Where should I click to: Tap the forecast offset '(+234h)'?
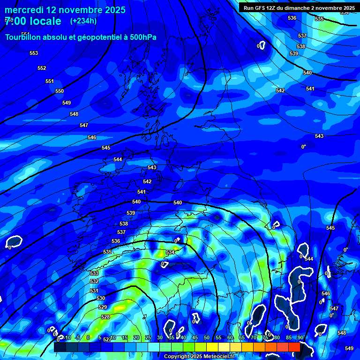[x=83, y=21]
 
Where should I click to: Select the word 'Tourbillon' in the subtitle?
[x=23, y=37]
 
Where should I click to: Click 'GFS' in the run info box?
[x=259, y=8]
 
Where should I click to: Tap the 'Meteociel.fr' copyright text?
[x=215, y=356]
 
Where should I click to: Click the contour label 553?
[x=34, y=53]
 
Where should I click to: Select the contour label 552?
[x=42, y=68]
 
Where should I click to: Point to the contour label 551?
[x=50, y=81]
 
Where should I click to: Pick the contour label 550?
[x=60, y=91]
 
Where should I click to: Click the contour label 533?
[x=94, y=273]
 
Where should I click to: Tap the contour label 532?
[x=94, y=281]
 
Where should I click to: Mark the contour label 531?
[x=94, y=291]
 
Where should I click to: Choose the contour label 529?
[x=103, y=307]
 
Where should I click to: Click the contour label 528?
[x=105, y=317]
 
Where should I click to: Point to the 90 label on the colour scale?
[x=300, y=337]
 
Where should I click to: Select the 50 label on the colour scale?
[x=207, y=337]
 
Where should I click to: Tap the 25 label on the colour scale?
[x=148, y=337]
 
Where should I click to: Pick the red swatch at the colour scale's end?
[x=294, y=347]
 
